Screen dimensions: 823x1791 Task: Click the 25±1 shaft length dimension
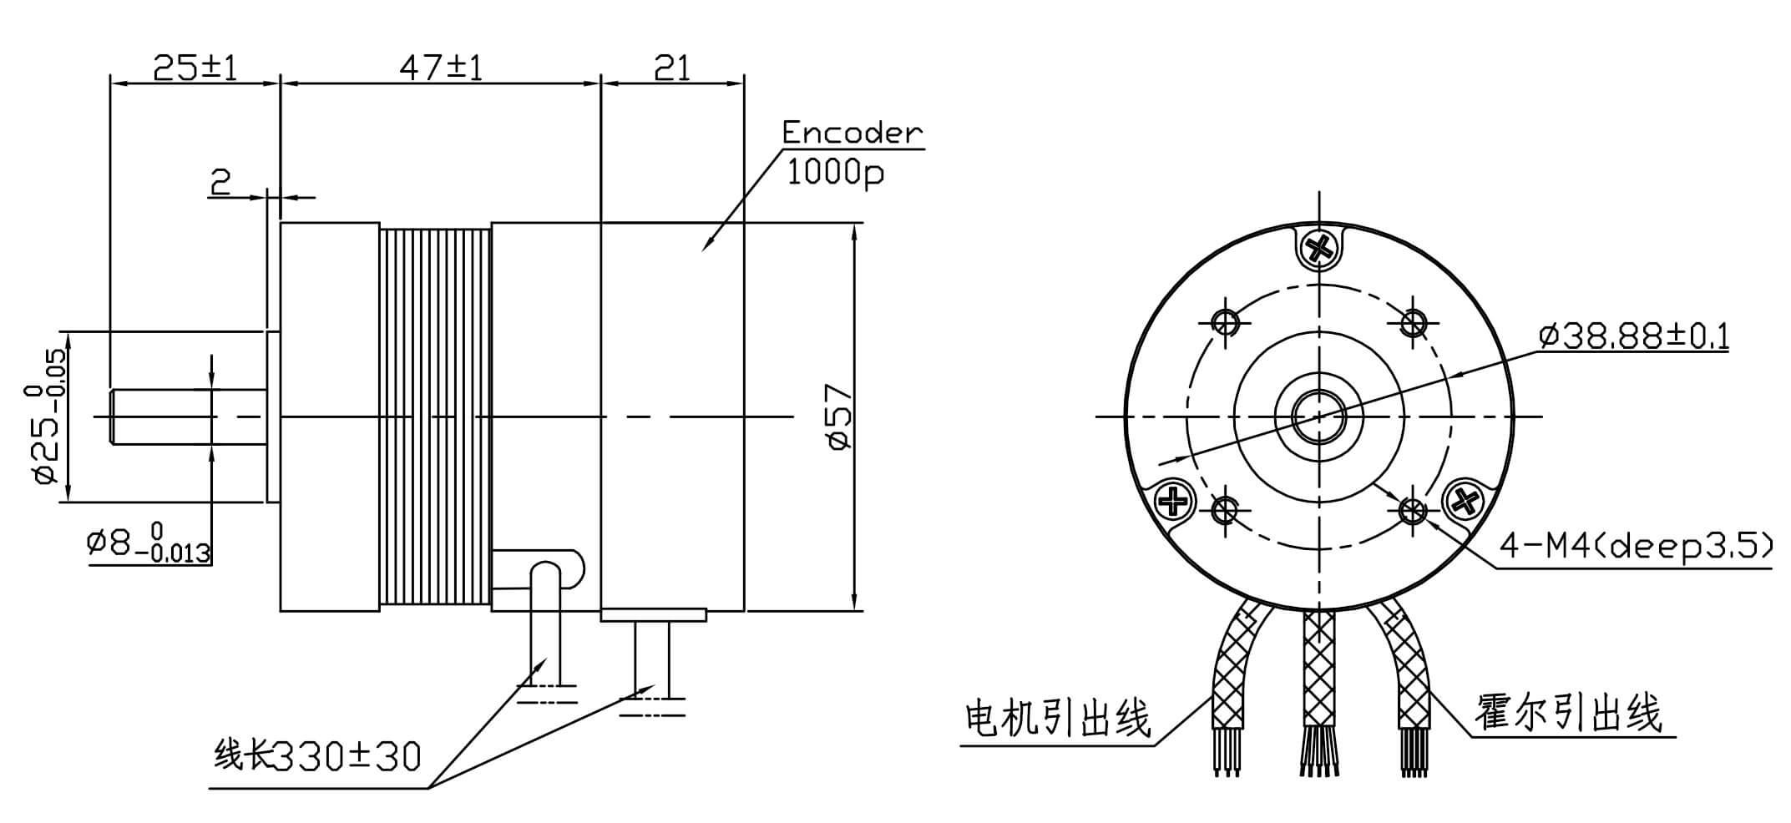pyautogui.click(x=195, y=68)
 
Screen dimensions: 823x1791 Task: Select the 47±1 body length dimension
pyautogui.click(x=440, y=68)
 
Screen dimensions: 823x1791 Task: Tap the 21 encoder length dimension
pyautogui.click(x=672, y=68)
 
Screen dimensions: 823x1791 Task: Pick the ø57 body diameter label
pyautogui.click(x=839, y=417)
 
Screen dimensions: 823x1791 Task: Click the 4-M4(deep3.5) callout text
pyautogui.click(x=1635, y=548)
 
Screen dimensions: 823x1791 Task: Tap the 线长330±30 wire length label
pyautogui.click(x=317, y=756)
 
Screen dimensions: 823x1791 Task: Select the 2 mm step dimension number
pyautogui.click(x=220, y=180)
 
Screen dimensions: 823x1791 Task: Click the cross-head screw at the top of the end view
pyautogui.click(x=1319, y=246)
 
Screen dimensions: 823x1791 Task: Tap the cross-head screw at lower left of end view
pyautogui.click(x=1174, y=502)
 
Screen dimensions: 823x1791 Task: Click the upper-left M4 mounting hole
pyautogui.click(x=1227, y=321)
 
